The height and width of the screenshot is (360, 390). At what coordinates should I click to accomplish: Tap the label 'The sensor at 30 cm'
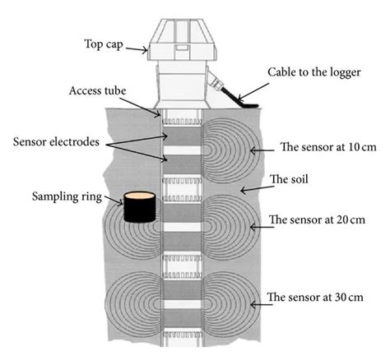coord(322,297)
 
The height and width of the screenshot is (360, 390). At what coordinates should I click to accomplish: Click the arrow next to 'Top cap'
coord(137,48)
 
